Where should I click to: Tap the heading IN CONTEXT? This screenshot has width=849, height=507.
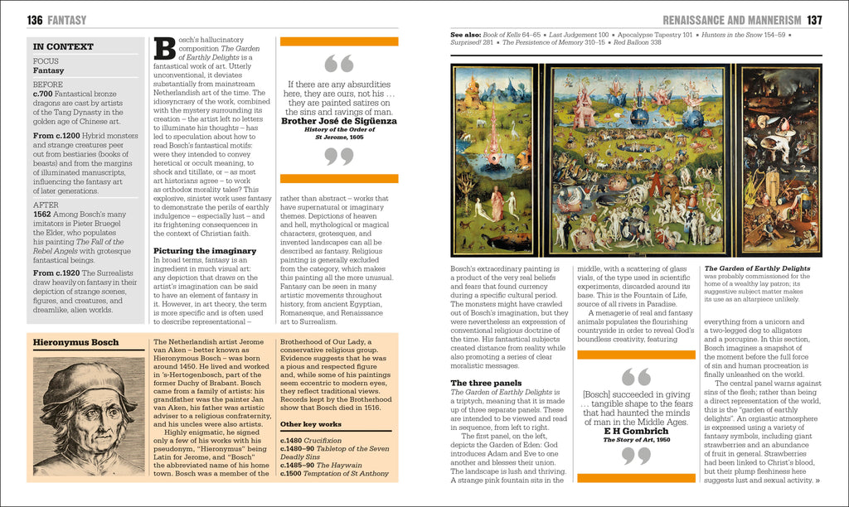tap(57, 47)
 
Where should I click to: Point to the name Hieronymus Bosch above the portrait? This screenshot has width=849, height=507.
tap(75, 342)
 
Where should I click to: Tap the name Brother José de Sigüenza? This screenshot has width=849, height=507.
tap(338, 121)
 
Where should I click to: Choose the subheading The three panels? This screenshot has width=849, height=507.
tap(485, 383)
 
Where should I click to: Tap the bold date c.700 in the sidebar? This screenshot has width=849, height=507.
tap(43, 94)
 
